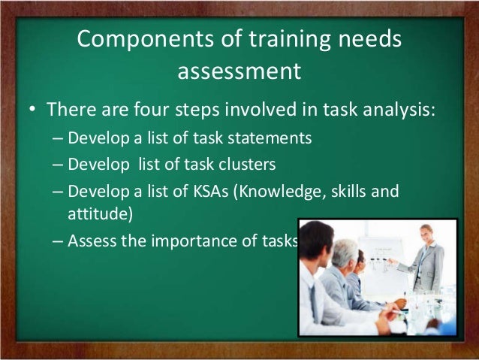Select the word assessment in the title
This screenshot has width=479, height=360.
pos(239,73)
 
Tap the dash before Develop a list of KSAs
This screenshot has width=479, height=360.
pos(59,189)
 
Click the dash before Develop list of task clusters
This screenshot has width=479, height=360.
pos(59,165)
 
